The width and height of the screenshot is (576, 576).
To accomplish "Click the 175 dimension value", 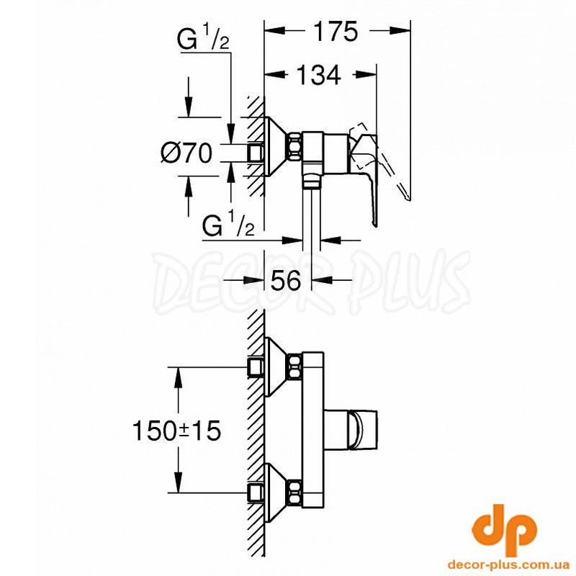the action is pyautogui.click(x=336, y=32).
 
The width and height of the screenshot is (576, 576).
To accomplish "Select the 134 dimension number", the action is pyautogui.click(x=318, y=75).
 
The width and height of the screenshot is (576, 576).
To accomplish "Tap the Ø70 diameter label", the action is pyautogui.click(x=186, y=153).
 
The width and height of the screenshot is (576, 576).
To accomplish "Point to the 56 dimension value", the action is pyautogui.click(x=286, y=281).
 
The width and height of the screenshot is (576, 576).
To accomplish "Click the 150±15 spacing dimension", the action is pyautogui.click(x=176, y=431).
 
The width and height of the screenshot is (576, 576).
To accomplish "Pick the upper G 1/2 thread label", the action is pyautogui.click(x=203, y=39).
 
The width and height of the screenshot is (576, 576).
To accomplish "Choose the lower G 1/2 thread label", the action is pyautogui.click(x=228, y=225).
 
